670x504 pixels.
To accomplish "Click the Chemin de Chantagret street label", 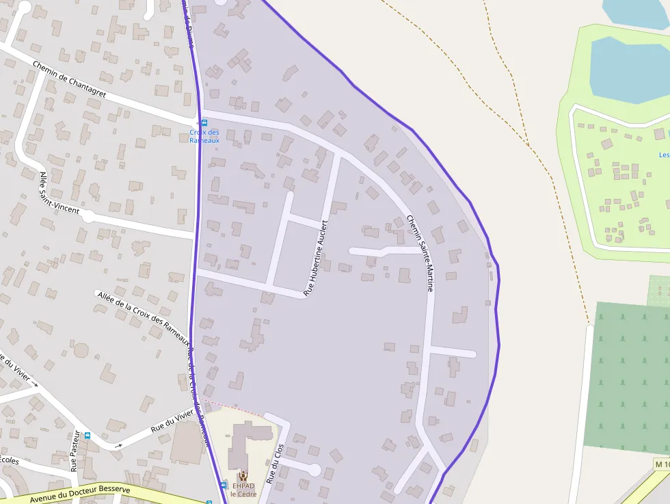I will coord(69,79).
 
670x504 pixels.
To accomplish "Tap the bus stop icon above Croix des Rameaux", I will coord(204,122).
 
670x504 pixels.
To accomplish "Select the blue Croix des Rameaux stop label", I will coord(204,136).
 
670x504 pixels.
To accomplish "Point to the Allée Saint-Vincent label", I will coord(59,194).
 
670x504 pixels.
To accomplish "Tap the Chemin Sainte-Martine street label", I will coord(420,253).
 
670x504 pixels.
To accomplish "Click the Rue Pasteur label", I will coord(75,451).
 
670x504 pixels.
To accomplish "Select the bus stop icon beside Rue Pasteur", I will coord(87,436).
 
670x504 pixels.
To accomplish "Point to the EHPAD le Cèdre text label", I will coord(242,490).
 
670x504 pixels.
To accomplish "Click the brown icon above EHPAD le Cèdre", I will coord(242,476).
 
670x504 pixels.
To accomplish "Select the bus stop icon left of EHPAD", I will coord(224,485).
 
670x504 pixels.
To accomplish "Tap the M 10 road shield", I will coord(661,465).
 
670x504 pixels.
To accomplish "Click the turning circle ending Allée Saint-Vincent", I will coord(88,216).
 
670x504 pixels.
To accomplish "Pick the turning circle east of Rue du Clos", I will coord(314,470).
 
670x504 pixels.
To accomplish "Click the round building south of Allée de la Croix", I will coord(81,351).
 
